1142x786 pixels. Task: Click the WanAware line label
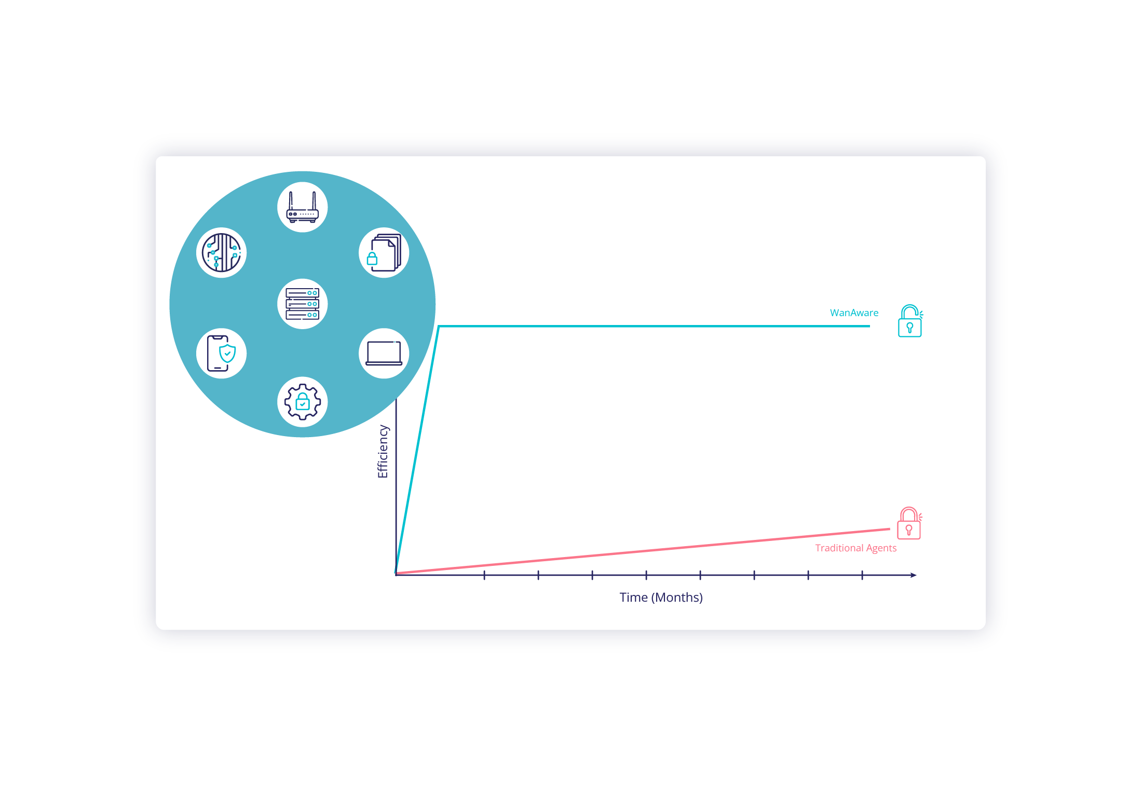click(854, 313)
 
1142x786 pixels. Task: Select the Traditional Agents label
click(855, 548)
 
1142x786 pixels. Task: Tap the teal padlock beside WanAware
click(910, 321)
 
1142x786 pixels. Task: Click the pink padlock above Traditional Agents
click(909, 524)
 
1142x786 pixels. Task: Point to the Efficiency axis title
click(383, 451)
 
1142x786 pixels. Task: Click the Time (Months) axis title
click(661, 598)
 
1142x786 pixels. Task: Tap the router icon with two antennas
click(303, 207)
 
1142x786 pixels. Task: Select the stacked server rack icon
click(303, 304)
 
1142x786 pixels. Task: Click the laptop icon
click(384, 354)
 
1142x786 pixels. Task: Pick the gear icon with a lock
click(303, 402)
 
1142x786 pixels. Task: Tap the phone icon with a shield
click(222, 354)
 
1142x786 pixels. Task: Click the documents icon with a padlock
click(384, 253)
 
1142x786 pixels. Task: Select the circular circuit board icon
click(222, 253)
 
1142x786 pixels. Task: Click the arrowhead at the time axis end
click(914, 575)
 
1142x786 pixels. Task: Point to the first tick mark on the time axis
click(484, 575)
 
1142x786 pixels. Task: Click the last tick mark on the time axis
click(862, 575)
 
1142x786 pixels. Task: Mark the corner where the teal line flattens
click(439, 327)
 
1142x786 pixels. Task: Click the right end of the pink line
click(889, 530)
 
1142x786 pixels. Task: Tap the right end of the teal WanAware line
click(869, 326)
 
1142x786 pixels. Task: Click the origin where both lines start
click(397, 574)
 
